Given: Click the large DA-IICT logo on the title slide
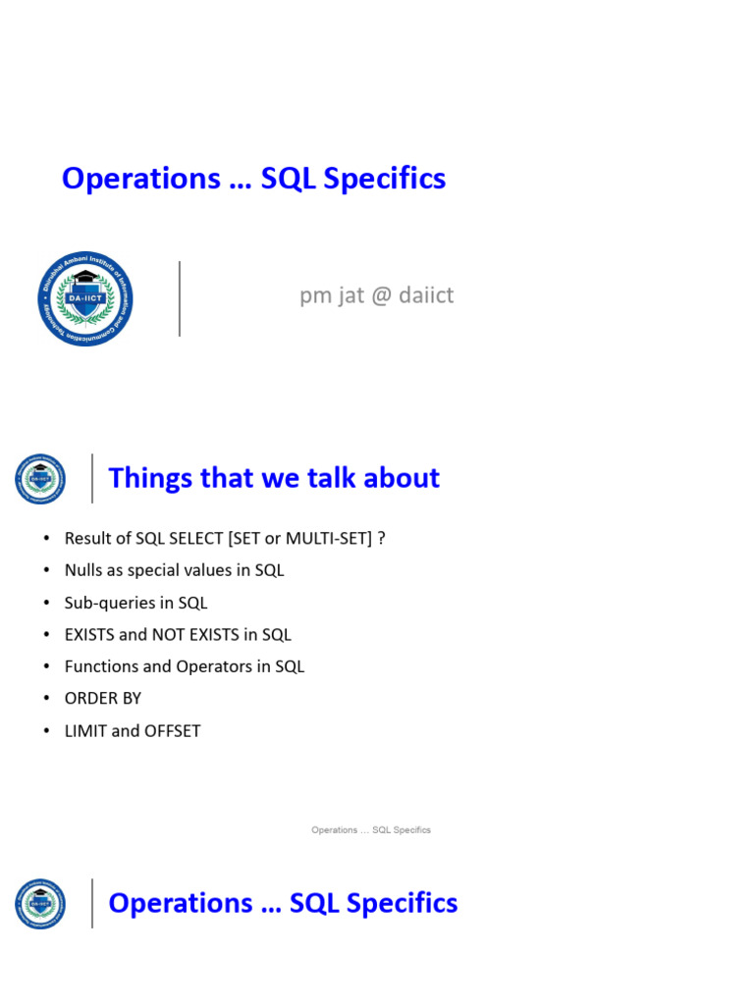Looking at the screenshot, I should pyautogui.click(x=85, y=298).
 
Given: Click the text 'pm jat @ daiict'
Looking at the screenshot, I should pyautogui.click(x=376, y=295).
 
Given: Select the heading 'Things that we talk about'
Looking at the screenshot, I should pyautogui.click(x=274, y=478).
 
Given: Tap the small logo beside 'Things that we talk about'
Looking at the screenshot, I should pyautogui.click(x=40, y=479).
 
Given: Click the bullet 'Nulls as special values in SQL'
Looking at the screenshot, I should pyautogui.click(x=174, y=570).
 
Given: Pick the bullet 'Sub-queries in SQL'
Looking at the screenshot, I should pyautogui.click(x=135, y=603).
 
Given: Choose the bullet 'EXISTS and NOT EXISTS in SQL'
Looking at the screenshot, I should pyautogui.click(x=178, y=635).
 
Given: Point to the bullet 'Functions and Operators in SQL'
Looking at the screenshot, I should pyautogui.click(x=185, y=666).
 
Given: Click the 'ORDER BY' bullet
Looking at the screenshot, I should pyautogui.click(x=103, y=698).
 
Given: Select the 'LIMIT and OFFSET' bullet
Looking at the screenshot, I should pyautogui.click(x=133, y=730).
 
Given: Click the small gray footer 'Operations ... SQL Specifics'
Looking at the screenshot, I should pyautogui.click(x=371, y=830).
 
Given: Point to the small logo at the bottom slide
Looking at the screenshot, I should pyautogui.click(x=40, y=904).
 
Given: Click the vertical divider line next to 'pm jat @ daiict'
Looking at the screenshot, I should pyautogui.click(x=180, y=298).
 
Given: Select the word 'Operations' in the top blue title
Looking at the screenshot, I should pyautogui.click(x=141, y=179).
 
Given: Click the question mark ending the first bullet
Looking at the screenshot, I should pyautogui.click(x=381, y=539).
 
